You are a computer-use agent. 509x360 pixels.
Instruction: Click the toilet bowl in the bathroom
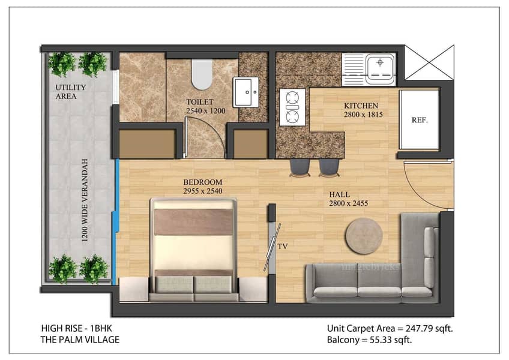click(202, 74)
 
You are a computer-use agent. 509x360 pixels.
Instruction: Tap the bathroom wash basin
click(246, 92)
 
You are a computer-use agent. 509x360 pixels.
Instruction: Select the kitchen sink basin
click(380, 69)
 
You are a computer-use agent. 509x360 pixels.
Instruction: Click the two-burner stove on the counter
click(292, 107)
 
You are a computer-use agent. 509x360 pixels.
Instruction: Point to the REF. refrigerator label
click(420, 120)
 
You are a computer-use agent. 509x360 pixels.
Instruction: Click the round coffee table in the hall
click(364, 236)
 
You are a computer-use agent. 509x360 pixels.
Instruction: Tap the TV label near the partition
click(283, 247)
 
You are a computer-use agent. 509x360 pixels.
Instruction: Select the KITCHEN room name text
click(361, 106)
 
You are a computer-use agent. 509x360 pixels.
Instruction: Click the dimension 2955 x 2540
click(202, 191)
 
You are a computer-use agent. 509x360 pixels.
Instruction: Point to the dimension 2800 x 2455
click(348, 203)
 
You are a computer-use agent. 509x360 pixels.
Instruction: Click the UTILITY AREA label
click(70, 92)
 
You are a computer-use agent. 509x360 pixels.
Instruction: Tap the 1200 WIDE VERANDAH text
click(85, 200)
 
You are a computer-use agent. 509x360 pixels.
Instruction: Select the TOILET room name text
click(200, 102)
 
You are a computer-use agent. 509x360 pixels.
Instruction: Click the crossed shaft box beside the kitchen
click(429, 62)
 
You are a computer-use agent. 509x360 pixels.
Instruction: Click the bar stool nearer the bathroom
click(300, 167)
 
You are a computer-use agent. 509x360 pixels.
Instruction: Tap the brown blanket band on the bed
click(193, 222)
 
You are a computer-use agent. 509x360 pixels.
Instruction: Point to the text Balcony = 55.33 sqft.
click(369, 340)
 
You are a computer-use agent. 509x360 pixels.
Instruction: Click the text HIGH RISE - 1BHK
click(77, 328)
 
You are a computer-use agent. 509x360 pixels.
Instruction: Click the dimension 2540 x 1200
click(205, 111)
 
